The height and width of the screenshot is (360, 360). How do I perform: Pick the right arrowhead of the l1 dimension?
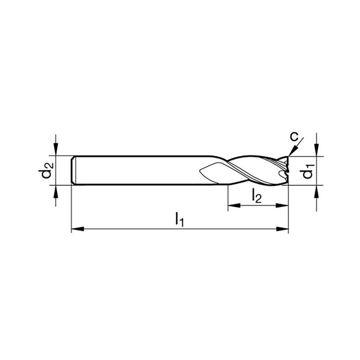point(283,229)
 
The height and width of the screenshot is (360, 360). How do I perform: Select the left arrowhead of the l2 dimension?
point(233,206)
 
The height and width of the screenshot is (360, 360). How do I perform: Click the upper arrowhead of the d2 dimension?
point(56,150)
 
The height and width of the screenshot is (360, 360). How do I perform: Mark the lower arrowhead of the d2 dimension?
point(56,191)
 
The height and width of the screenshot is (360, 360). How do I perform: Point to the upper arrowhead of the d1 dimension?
point(316,150)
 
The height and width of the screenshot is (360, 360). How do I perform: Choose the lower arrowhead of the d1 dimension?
point(316,191)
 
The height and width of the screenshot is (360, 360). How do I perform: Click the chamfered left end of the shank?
point(73,170)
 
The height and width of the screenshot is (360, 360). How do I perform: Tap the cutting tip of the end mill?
point(287,171)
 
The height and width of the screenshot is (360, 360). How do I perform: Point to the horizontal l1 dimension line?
point(144,229)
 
